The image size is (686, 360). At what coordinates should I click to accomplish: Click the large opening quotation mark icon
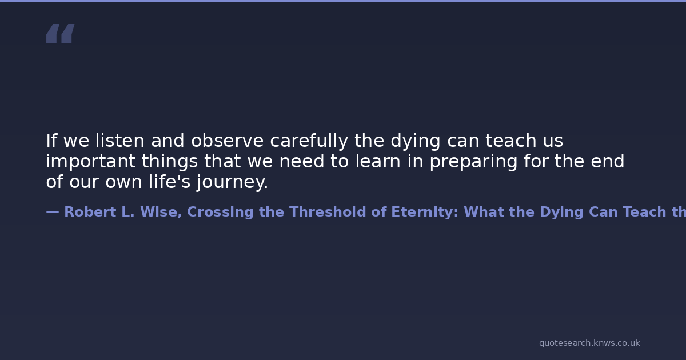coord(61,33)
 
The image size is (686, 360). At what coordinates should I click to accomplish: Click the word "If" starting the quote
coord(51,141)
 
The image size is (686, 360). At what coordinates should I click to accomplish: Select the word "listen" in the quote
coord(119,141)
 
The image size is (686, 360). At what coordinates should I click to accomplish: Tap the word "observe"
coord(228,141)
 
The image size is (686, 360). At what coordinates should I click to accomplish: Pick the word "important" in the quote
coord(91,162)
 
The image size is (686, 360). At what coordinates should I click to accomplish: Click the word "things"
coord(170,162)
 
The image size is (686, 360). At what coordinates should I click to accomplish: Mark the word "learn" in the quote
coord(378,161)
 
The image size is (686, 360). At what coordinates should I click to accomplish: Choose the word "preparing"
coord(473,162)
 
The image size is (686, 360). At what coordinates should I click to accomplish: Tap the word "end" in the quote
coord(607,161)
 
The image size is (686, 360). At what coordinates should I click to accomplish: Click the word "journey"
coord(230,182)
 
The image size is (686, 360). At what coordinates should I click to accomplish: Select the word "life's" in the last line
coord(170,182)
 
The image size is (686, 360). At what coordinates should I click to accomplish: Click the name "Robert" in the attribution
coord(90,212)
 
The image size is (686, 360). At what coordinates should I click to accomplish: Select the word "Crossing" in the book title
coord(220,213)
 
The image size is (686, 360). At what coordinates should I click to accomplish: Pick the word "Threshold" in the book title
coord(328,212)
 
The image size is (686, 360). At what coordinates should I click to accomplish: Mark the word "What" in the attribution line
coord(484,212)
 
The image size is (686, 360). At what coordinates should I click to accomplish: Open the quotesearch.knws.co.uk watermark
coord(589,343)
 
